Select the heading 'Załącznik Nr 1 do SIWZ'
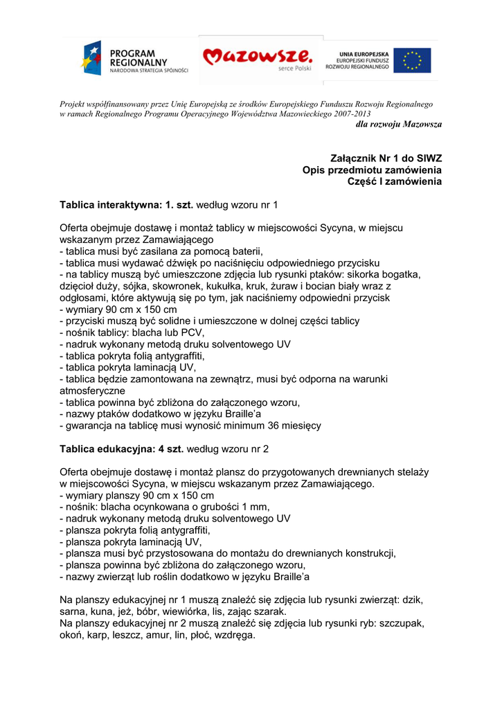click(x=385, y=159)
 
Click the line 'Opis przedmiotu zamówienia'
click(x=372, y=170)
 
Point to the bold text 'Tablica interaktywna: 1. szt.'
click(x=127, y=206)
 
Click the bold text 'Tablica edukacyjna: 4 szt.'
click(x=121, y=449)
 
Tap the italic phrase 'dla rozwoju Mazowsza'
click(x=398, y=124)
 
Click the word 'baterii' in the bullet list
click(x=246, y=251)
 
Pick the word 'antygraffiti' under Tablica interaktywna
click(x=179, y=356)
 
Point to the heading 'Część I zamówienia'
click(x=394, y=182)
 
